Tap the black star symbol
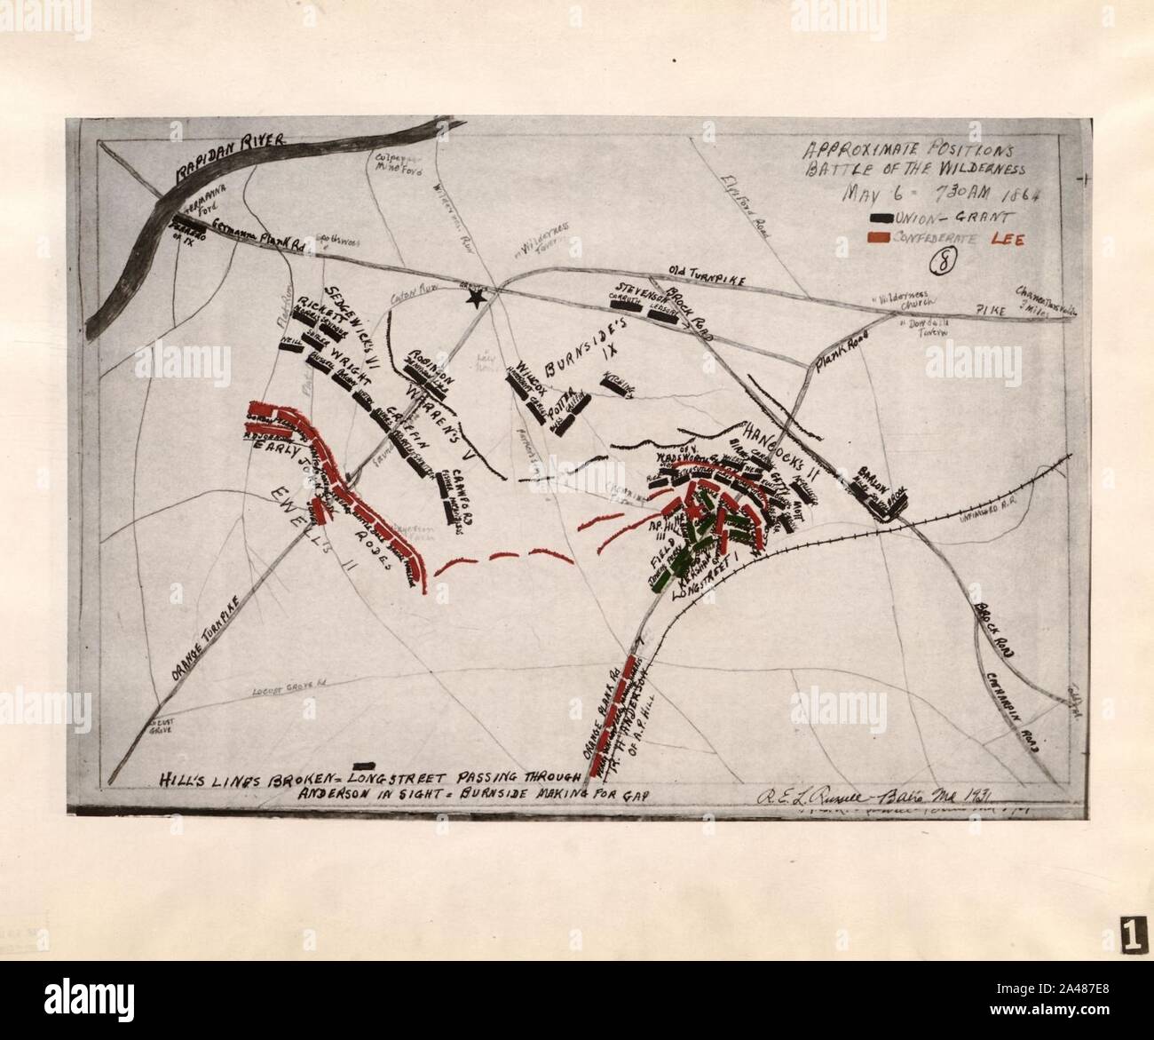478,298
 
